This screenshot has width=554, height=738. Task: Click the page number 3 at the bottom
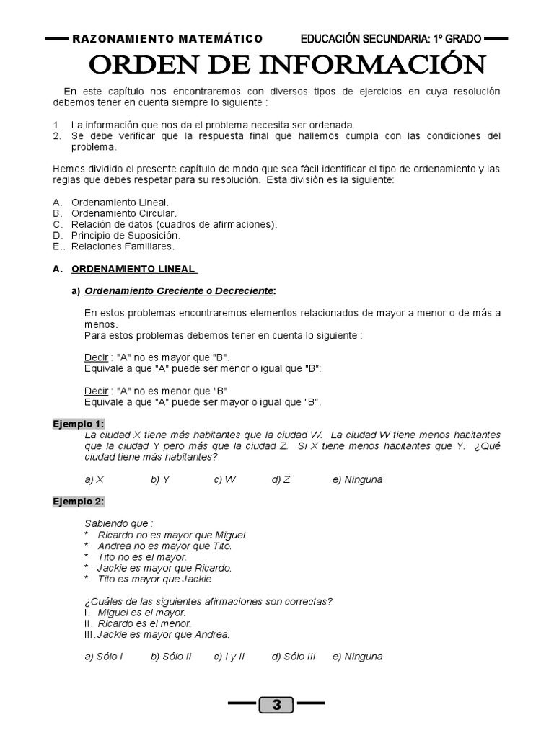tap(276, 705)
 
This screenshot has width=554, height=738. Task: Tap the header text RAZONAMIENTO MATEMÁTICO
tap(167, 38)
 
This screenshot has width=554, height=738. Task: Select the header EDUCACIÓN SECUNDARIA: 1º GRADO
tap(391, 38)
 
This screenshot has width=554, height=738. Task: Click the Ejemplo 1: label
tap(78, 424)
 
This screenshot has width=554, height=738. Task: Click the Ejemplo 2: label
tap(78, 501)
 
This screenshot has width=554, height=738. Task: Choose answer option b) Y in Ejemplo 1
tap(160, 479)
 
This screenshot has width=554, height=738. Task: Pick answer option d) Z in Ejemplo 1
tap(281, 479)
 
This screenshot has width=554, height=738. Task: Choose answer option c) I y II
tap(229, 657)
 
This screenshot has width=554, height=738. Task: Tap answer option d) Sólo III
tap(294, 657)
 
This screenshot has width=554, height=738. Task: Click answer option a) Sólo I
tap(104, 657)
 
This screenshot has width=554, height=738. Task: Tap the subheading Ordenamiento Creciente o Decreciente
tap(179, 290)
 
